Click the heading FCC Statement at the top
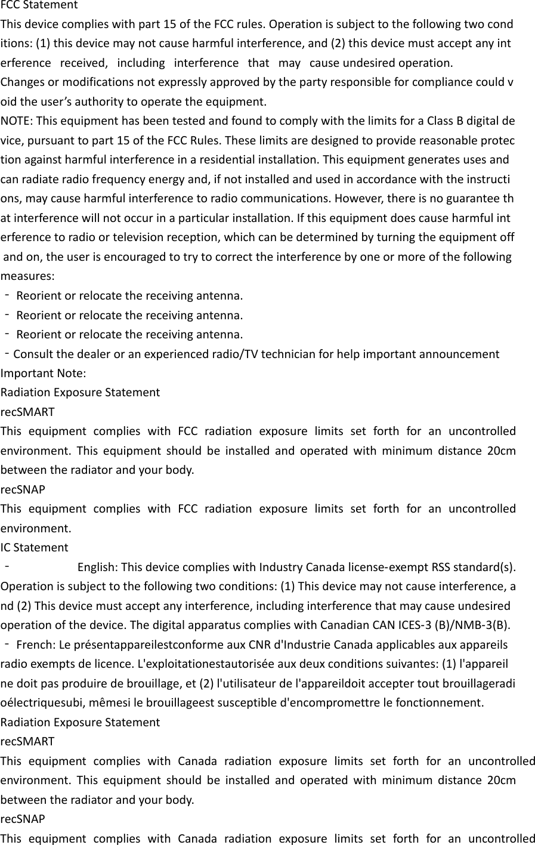point(39,5)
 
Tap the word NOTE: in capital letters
point(17,122)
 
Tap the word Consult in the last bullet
point(32,354)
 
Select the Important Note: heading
point(43,374)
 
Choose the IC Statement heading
point(35,547)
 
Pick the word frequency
point(101,180)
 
